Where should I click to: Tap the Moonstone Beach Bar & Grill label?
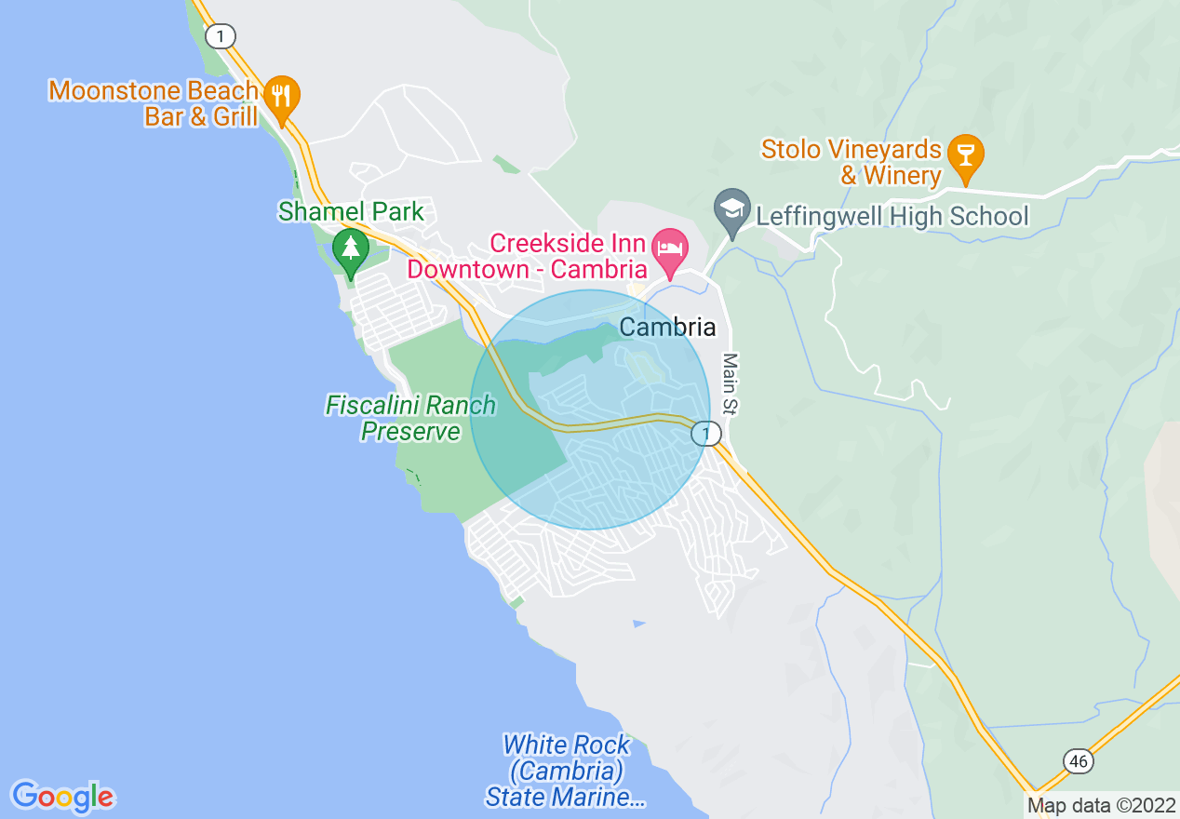[154, 103]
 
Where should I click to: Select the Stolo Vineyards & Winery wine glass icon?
[965, 154]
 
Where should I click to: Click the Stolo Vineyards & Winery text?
[851, 162]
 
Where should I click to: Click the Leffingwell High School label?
[892, 217]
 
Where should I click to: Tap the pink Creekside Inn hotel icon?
[670, 248]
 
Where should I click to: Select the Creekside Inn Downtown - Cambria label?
[568, 257]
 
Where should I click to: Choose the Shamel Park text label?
[351, 212]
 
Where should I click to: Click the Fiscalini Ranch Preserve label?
[410, 418]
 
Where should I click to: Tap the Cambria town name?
[667, 328]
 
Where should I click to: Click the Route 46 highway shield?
[1078, 761]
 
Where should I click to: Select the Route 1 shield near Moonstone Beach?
[221, 36]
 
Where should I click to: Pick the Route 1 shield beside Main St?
[706, 434]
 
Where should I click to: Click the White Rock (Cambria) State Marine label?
[566, 772]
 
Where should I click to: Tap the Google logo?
[63, 797]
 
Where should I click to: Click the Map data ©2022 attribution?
[1101, 805]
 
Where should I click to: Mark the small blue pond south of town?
[637, 622]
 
